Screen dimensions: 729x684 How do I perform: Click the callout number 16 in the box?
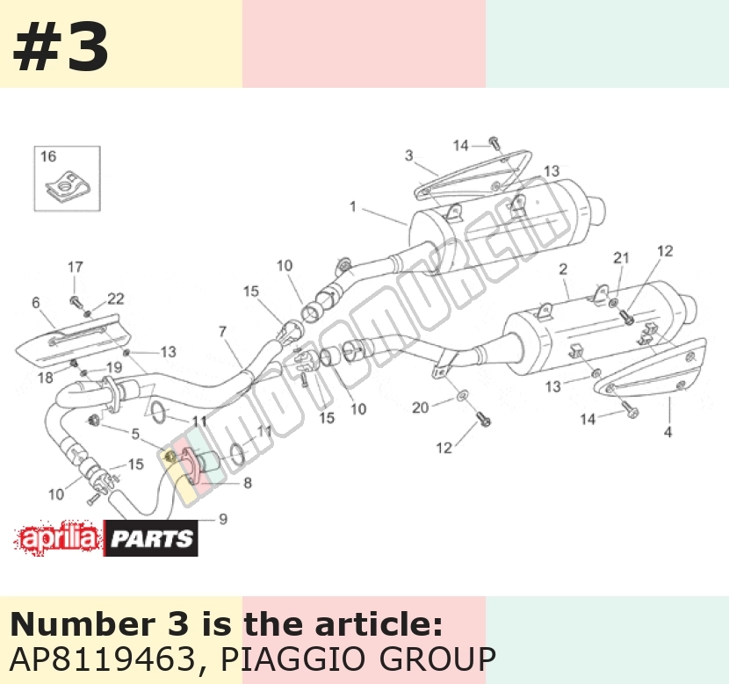point(48,156)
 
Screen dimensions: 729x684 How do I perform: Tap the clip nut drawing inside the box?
point(68,187)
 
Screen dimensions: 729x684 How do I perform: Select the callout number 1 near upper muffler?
point(353,206)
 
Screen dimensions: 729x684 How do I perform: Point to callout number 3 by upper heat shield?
point(408,155)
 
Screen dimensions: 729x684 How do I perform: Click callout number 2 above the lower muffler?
point(563,269)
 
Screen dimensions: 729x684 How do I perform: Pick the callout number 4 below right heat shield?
point(668,432)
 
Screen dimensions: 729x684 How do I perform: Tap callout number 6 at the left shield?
point(36,303)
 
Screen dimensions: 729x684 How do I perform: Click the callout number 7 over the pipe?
point(223,331)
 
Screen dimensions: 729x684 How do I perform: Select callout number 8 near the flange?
point(248,483)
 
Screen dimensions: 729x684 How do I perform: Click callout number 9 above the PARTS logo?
point(223,519)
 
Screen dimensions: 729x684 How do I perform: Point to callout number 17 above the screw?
point(76,267)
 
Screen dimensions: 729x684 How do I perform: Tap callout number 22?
point(116,299)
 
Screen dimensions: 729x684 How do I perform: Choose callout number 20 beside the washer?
point(421,407)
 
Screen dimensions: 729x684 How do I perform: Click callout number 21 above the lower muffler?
point(621,257)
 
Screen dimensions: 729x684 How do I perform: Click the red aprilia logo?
point(58,538)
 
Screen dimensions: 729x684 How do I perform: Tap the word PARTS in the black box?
point(152,539)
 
